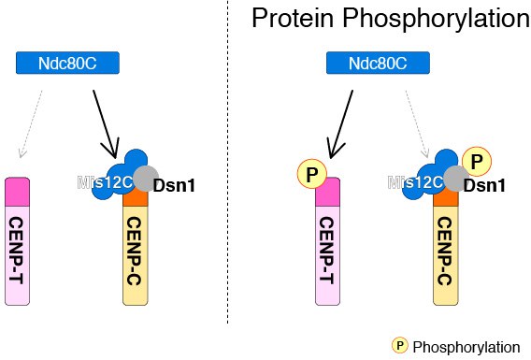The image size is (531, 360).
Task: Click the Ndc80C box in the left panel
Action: tap(69, 64)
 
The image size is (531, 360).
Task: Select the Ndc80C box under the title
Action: tap(378, 64)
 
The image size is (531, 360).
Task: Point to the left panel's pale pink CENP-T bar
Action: tap(19, 252)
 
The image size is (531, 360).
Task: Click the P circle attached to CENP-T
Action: tap(310, 175)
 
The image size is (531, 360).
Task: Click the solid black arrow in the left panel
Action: tap(104, 122)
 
